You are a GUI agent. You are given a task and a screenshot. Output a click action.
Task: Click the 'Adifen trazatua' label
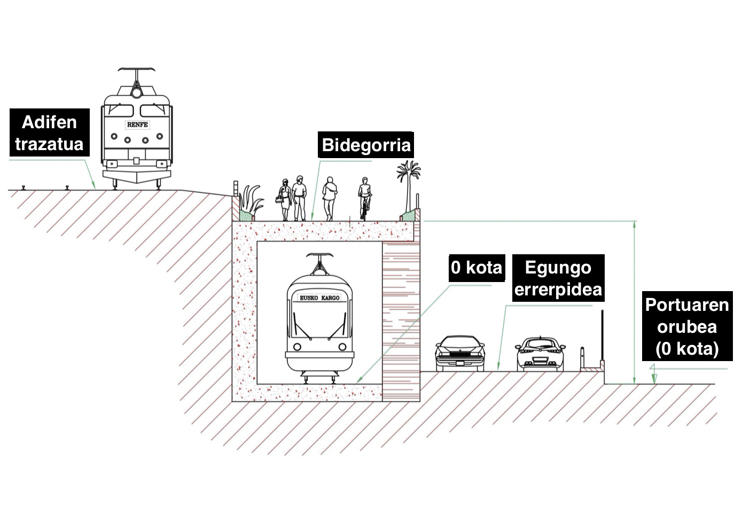point(49,133)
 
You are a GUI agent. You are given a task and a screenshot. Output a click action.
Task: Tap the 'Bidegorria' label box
point(366,145)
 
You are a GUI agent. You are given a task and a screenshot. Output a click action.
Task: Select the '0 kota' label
point(477,268)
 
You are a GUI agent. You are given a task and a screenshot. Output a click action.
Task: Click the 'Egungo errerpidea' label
point(558,278)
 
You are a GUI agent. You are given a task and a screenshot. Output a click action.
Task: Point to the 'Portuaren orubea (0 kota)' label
point(686,326)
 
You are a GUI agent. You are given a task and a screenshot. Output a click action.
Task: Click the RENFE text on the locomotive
point(137,124)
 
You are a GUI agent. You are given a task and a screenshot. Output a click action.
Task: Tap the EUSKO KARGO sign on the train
point(319,298)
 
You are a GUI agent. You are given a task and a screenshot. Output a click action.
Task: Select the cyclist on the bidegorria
point(365,198)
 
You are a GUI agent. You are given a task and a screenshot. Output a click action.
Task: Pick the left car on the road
point(459,354)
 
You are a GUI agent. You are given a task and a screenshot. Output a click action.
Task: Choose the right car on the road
point(540,354)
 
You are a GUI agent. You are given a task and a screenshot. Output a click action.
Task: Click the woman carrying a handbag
point(285,199)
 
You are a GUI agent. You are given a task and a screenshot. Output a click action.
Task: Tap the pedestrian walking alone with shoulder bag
point(330,198)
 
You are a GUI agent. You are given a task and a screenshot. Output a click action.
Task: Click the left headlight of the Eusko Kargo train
point(297,347)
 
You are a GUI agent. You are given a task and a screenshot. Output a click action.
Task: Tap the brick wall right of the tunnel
point(401,320)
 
